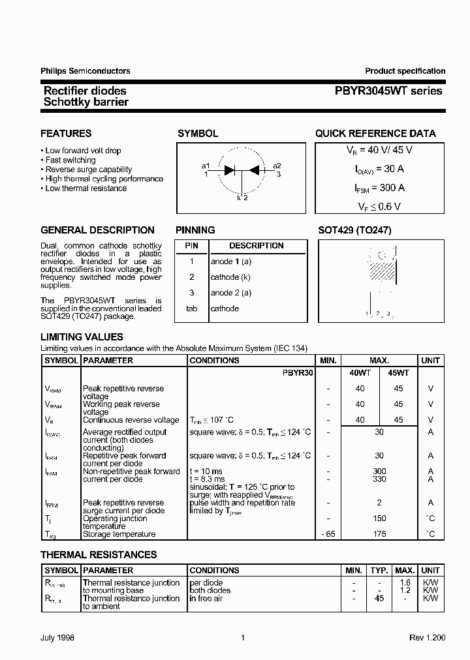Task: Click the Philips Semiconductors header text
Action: [x=86, y=71]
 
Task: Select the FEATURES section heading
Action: [x=66, y=134]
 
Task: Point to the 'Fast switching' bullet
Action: [x=70, y=160]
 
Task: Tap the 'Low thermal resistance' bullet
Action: [x=86, y=188]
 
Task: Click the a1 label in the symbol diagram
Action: [x=206, y=166]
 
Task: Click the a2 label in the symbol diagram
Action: [x=277, y=166]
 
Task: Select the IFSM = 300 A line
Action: [x=375, y=188]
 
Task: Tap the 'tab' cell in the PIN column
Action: [x=192, y=308]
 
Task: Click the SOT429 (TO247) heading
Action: [x=354, y=230]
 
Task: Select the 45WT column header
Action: [x=398, y=372]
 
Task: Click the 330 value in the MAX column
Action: [x=379, y=479]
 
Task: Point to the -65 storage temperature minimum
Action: [x=328, y=534]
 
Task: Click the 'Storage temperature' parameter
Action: [x=119, y=534]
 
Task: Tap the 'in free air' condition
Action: [x=206, y=598]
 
